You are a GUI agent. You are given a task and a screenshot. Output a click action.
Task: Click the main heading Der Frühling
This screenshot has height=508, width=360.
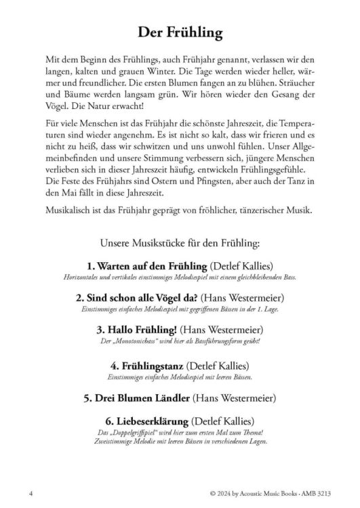180,33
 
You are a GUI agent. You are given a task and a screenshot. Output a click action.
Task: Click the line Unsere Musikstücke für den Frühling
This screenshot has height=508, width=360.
180,240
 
